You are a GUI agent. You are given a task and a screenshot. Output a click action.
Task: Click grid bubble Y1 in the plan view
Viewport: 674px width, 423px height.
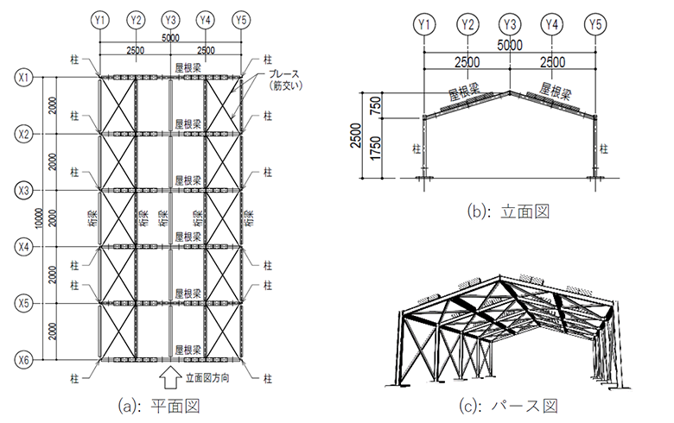point(100,19)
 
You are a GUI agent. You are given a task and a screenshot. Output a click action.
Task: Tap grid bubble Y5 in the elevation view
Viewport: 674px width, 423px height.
point(595,24)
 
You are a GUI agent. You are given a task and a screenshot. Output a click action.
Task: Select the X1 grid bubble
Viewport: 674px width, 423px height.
point(23,78)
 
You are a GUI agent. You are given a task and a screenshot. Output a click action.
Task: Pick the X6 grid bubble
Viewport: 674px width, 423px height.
point(23,358)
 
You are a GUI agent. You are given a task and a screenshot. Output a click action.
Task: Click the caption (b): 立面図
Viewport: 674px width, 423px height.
point(508,210)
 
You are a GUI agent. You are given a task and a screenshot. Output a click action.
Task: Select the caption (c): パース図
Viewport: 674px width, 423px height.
point(507,405)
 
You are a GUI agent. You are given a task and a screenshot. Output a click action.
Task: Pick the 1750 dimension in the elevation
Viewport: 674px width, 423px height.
point(372,148)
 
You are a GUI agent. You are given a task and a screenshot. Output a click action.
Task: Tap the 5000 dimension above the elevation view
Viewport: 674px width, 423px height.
point(510,45)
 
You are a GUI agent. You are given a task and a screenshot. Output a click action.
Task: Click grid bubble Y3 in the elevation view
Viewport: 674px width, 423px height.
point(510,24)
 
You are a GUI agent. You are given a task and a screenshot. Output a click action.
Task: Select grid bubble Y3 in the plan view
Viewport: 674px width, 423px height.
point(170,19)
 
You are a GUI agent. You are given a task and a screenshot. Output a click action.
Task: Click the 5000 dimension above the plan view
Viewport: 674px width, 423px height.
point(170,38)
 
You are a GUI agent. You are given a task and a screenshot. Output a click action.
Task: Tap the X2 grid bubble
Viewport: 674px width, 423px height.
point(23,134)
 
